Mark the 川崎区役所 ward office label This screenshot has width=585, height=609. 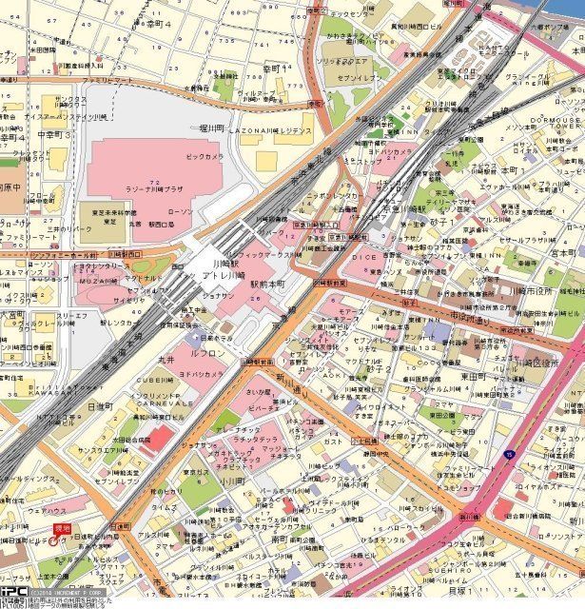point(550,364)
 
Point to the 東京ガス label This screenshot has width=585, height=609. point(196,472)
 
